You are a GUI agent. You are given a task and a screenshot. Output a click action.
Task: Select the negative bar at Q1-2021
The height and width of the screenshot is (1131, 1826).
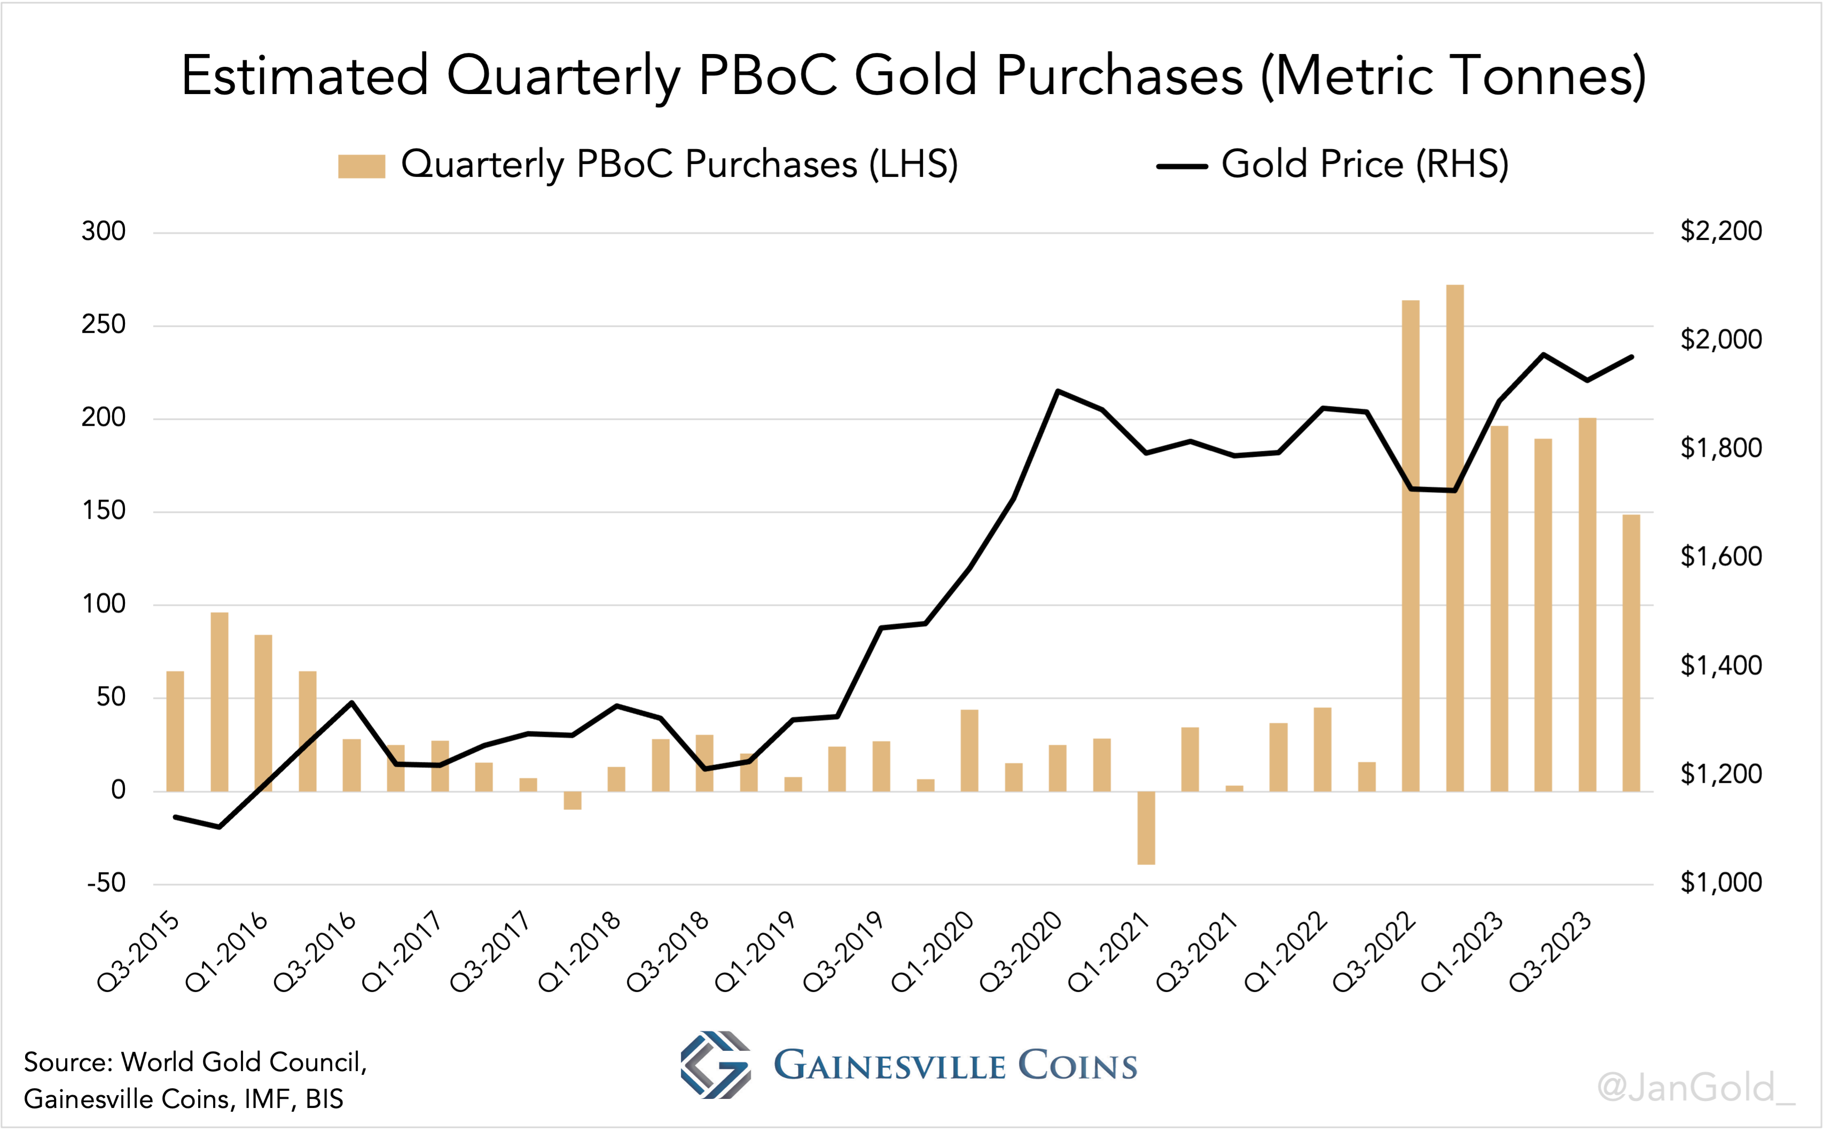(x=1146, y=828)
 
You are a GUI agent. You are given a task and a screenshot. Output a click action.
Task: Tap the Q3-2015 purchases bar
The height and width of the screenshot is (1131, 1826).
(x=175, y=731)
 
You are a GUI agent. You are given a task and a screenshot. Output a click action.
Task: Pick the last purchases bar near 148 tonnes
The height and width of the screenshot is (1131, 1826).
(x=1631, y=652)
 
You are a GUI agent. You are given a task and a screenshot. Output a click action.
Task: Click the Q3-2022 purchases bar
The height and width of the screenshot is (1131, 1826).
(x=1410, y=545)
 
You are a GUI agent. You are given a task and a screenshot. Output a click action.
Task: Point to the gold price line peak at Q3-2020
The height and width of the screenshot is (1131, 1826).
(x=1057, y=391)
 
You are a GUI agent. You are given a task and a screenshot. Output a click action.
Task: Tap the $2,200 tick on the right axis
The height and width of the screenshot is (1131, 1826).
(x=1721, y=231)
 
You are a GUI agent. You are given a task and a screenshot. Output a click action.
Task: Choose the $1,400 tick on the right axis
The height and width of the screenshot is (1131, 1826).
(x=1721, y=665)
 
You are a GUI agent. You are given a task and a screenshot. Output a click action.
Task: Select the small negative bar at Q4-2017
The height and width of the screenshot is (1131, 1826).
(x=573, y=800)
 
